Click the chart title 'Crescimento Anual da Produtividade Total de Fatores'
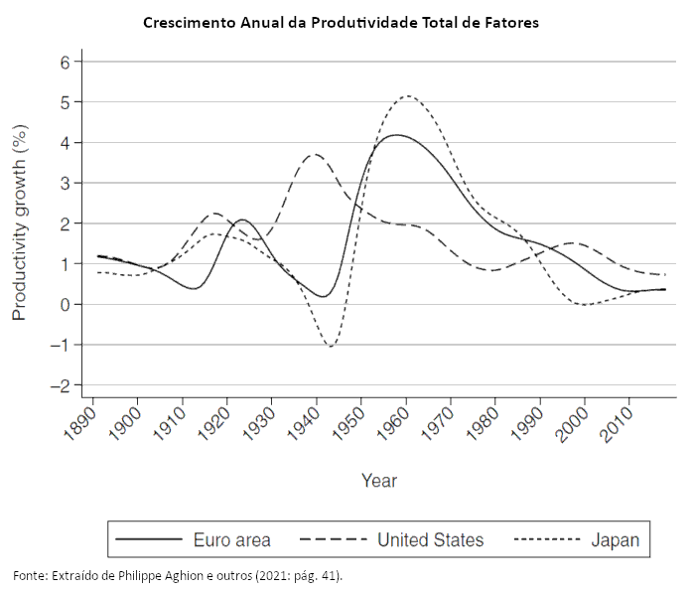coord(341,22)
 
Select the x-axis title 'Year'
coord(379,481)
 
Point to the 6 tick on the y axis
coord(66,62)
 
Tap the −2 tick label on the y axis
coord(62,386)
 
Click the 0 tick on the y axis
coord(66,305)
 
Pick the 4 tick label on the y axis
coord(66,143)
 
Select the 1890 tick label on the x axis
coord(80,424)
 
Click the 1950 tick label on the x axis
coord(348,424)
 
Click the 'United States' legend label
coord(430,540)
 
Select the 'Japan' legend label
coord(616,540)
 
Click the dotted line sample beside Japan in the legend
coord(546,540)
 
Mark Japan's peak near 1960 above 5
coord(408,96)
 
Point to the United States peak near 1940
coord(316,154)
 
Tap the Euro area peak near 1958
coord(397,135)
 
